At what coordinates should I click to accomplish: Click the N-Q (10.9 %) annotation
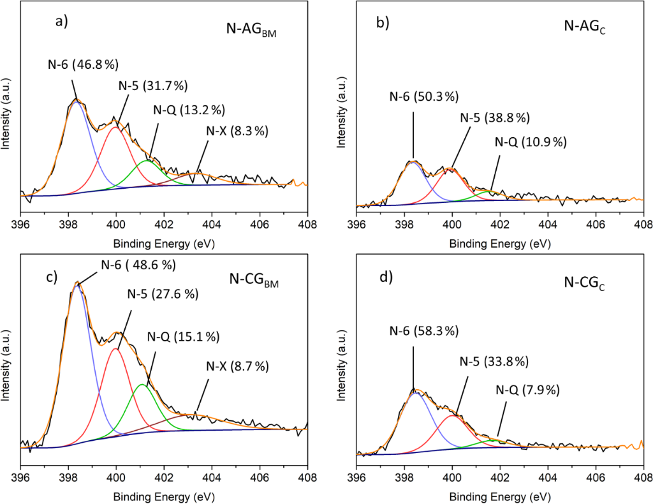(x=531, y=142)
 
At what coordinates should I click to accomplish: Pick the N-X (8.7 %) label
(x=237, y=366)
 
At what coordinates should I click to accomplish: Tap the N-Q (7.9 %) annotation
(x=529, y=389)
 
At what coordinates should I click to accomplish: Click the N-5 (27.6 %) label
(x=161, y=294)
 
